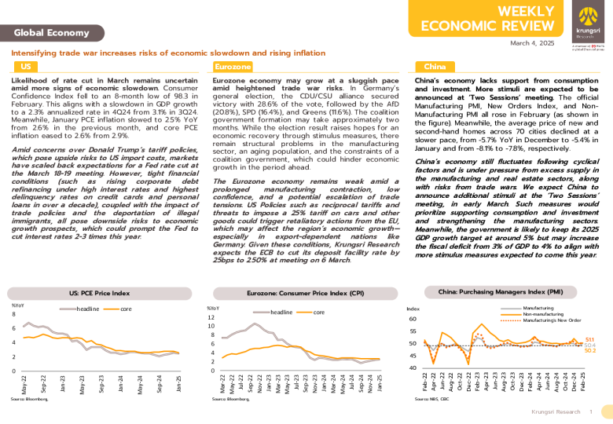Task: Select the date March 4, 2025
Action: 534,44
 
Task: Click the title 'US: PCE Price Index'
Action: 100,292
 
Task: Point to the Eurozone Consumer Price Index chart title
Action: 306,292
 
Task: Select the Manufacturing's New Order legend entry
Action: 552,320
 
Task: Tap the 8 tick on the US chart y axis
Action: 14,314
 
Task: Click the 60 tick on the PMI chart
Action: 413,319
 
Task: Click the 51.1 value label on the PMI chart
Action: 589,339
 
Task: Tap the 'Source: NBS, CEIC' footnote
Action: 431,400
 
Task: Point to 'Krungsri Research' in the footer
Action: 556,411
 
